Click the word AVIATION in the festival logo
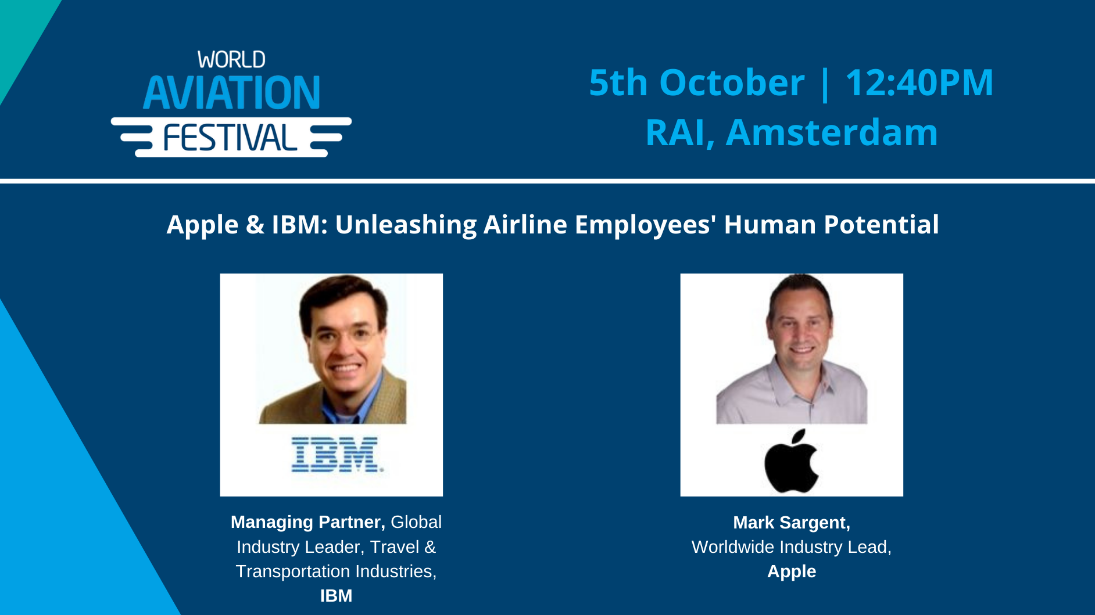(231, 93)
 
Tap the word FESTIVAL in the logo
(230, 138)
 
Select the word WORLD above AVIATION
(231, 60)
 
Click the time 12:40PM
(919, 82)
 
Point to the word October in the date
(731, 82)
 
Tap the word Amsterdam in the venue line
(832, 132)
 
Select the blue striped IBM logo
(337, 454)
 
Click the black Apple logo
(791, 461)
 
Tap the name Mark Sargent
(791, 523)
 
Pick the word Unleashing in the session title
(406, 225)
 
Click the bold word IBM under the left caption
(336, 596)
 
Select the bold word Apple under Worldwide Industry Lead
(791, 571)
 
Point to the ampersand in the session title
(255, 225)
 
